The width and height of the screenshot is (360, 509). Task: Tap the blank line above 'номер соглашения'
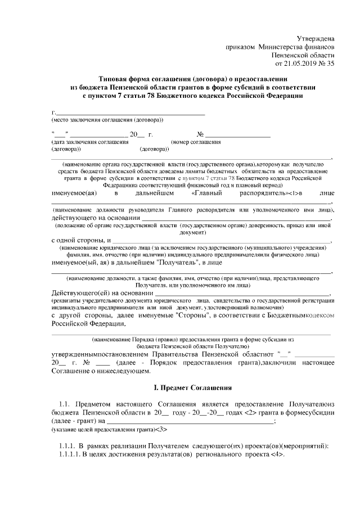coord(237,135)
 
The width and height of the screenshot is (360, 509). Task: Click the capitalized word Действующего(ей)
coord(79,293)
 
